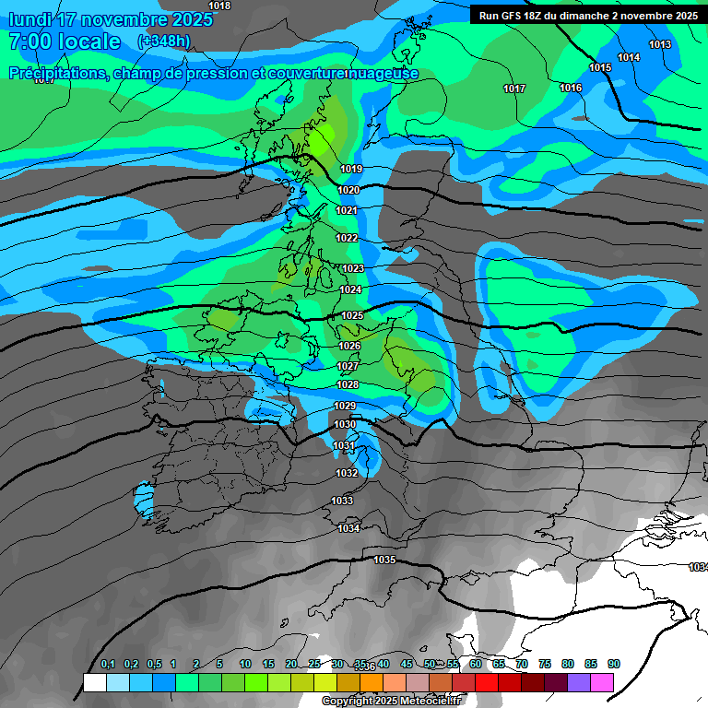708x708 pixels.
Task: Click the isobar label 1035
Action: point(384,560)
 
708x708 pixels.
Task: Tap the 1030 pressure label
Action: point(345,424)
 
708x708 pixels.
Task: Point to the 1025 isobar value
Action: point(351,315)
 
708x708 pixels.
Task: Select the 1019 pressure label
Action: point(351,169)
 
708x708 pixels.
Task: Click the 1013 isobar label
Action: point(660,44)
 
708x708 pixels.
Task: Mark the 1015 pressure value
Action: point(600,67)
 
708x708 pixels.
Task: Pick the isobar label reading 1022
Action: point(347,238)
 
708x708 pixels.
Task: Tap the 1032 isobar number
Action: point(347,473)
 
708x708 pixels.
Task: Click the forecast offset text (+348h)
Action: point(164,41)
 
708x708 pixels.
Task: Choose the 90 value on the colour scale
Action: point(614,664)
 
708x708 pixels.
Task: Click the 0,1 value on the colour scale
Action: point(107,664)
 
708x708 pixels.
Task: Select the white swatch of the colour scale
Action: point(94,682)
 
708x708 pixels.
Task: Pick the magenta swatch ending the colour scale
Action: point(602,682)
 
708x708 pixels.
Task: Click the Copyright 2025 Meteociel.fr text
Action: point(390,702)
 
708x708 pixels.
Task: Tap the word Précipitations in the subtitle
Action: point(57,74)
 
